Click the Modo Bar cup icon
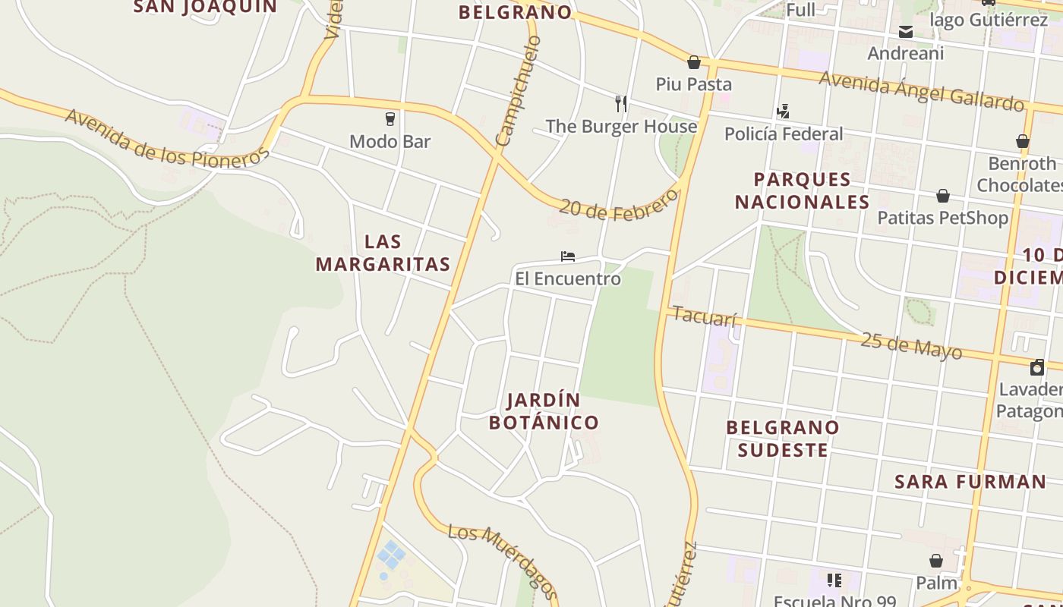[x=390, y=119]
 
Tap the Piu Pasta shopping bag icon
[x=693, y=62]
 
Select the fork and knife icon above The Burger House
[x=621, y=103]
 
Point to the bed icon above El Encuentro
[x=567, y=256]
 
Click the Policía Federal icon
[x=783, y=112]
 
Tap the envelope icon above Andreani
[x=906, y=32]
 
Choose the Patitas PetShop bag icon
[x=942, y=196]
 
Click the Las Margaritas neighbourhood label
[x=383, y=253]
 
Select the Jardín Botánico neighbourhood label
[x=544, y=410]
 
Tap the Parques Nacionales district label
[x=802, y=190]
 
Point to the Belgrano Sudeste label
[x=783, y=439]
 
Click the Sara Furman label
[x=970, y=481]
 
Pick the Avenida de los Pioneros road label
[x=167, y=139]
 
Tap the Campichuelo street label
[x=518, y=90]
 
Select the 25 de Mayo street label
[x=910, y=345]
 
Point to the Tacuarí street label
[x=705, y=316]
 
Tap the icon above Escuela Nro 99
[x=834, y=581]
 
